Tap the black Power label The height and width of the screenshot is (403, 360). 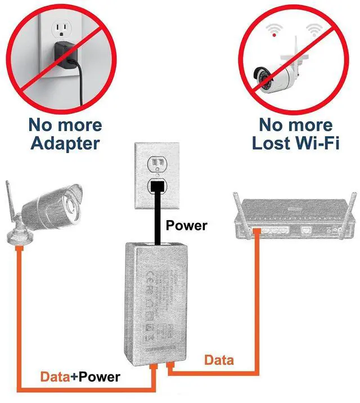[186, 226]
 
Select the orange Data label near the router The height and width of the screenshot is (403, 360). [219, 359]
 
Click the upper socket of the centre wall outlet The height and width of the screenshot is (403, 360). [157, 163]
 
